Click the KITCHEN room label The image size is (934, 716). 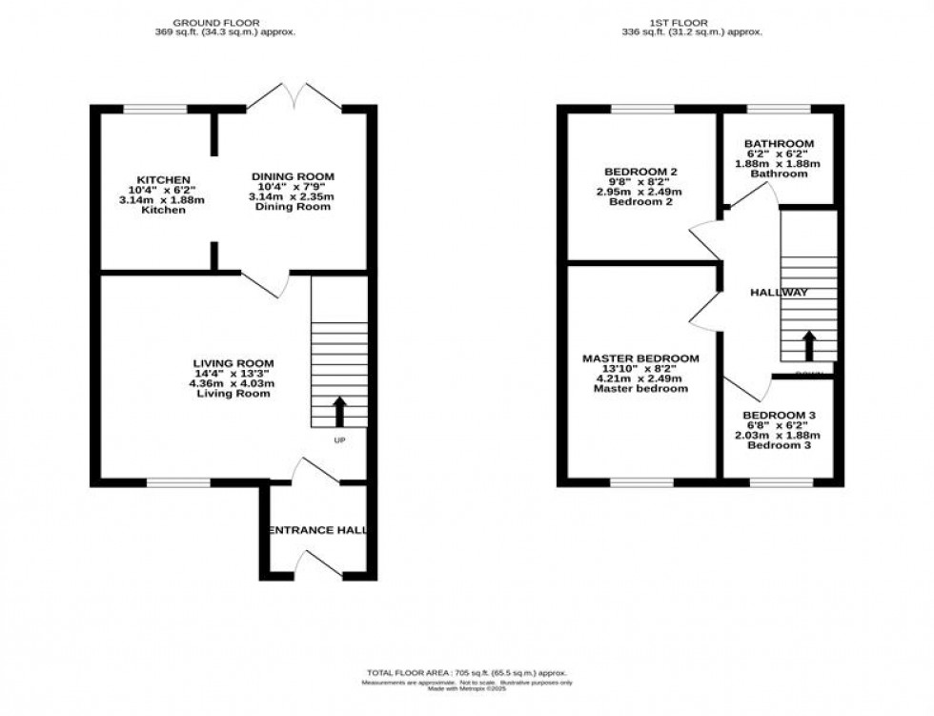(x=164, y=179)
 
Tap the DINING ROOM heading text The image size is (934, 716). (x=293, y=176)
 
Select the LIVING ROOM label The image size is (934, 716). (x=233, y=363)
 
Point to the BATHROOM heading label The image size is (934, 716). (x=779, y=144)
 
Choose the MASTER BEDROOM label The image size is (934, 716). (x=640, y=358)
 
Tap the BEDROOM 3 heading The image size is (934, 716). (x=779, y=415)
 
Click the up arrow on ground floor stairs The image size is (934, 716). (x=338, y=411)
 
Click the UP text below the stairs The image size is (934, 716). (x=339, y=440)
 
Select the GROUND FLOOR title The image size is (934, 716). (x=225, y=21)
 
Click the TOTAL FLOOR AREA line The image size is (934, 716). (x=466, y=671)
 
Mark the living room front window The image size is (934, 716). (x=178, y=482)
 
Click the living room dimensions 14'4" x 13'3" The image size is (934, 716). (x=233, y=374)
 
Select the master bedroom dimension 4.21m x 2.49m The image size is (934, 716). (x=640, y=378)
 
